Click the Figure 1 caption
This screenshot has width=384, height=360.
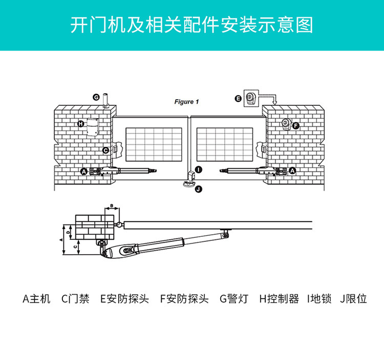pyautogui.click(x=184, y=102)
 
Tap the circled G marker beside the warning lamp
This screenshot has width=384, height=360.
pyautogui.click(x=96, y=97)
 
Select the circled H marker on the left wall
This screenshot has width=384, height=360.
pyautogui.click(x=80, y=124)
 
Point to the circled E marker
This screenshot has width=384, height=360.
pyautogui.click(x=238, y=98)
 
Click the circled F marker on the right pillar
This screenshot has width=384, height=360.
pyautogui.click(x=295, y=125)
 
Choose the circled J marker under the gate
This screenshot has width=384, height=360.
pyautogui.click(x=199, y=189)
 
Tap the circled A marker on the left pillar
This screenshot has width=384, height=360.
pyautogui.click(x=83, y=171)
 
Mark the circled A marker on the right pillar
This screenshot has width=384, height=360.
pyautogui.click(x=292, y=171)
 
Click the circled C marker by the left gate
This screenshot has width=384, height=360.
pyautogui.click(x=105, y=150)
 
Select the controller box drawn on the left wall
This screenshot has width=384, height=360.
pyautogui.click(x=92, y=127)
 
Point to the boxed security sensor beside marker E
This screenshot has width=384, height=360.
pyautogui.click(x=250, y=98)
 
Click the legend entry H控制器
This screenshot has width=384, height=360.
pyautogui.click(x=279, y=299)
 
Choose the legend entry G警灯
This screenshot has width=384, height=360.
pyautogui.click(x=233, y=299)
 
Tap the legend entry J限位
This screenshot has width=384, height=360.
pyautogui.click(x=353, y=299)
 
